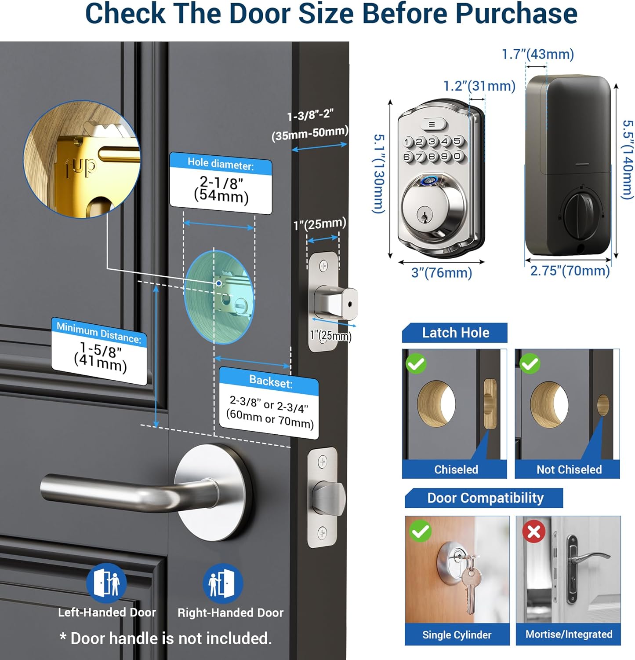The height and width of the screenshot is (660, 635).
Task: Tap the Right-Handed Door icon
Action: click(x=223, y=583)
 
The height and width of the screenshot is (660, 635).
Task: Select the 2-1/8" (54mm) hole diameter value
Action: click(x=221, y=189)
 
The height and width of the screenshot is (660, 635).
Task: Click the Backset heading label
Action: click(x=271, y=381)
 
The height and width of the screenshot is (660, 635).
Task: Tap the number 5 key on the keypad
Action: click(x=457, y=141)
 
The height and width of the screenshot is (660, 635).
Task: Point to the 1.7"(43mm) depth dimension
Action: click(x=538, y=54)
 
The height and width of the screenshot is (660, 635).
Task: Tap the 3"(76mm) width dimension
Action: click(x=442, y=273)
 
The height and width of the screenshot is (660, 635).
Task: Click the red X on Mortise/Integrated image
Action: click(x=534, y=532)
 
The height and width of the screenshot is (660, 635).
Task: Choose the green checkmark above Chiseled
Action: click(x=416, y=363)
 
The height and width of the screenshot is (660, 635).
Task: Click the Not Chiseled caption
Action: click(x=569, y=469)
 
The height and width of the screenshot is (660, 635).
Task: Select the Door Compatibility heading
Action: click(x=486, y=498)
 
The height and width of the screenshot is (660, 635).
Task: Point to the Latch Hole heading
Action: click(x=456, y=333)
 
